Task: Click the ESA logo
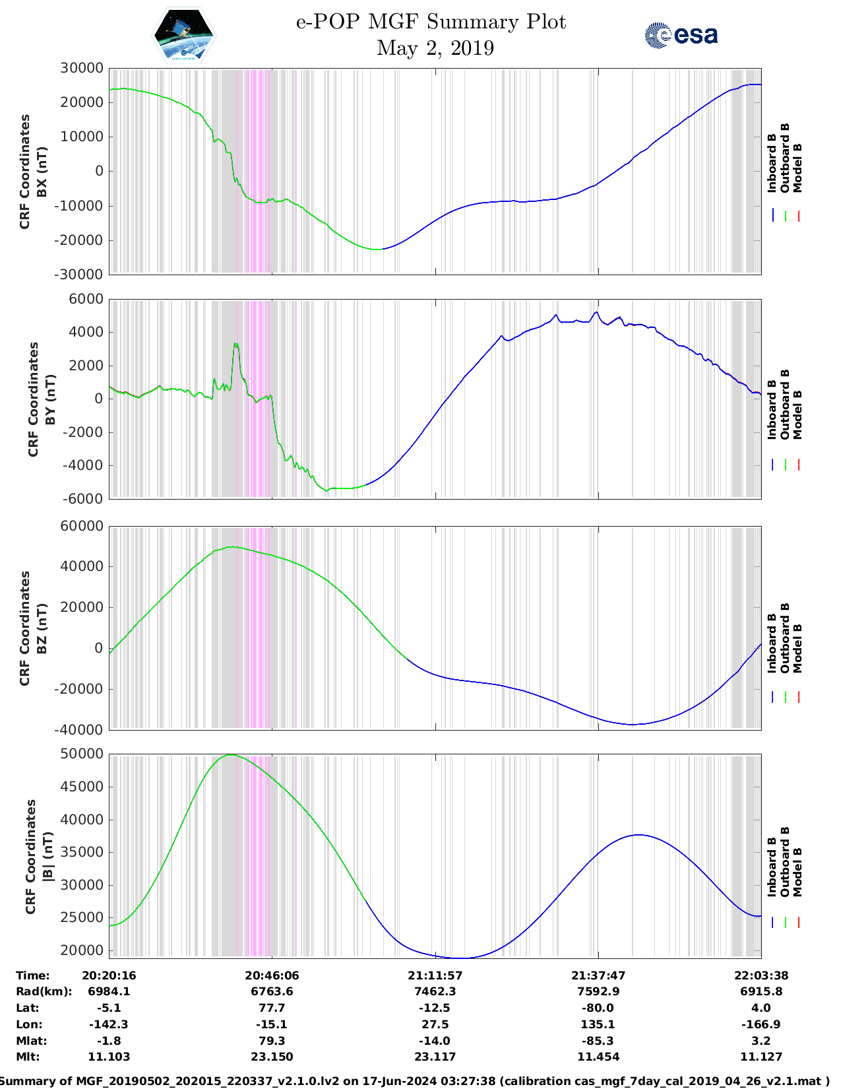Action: coord(681,35)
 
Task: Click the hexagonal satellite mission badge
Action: coord(183,36)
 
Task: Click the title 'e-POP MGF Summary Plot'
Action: coord(431,22)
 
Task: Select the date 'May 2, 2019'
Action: coord(435,48)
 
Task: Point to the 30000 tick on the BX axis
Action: coord(81,68)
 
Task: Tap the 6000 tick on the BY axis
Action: coord(86,300)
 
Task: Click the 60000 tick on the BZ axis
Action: coord(81,526)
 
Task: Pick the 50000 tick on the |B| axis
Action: coord(81,754)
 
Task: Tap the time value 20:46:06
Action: coord(272,975)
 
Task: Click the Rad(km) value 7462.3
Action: coord(435,991)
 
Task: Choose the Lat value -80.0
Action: coord(598,1008)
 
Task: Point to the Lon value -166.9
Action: coord(761,1024)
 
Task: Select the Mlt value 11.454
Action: coord(598,1057)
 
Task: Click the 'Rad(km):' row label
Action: coord(44,991)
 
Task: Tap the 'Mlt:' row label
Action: coord(28,1057)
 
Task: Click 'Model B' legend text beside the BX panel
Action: coord(797,168)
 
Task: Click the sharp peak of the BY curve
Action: coord(235,344)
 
